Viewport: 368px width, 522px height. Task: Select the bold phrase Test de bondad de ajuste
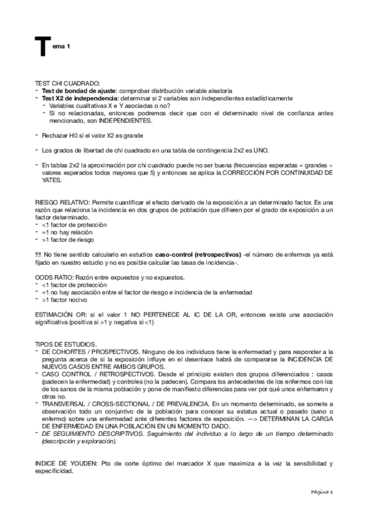[71, 91]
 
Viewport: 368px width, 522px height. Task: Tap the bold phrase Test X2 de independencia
[72, 98]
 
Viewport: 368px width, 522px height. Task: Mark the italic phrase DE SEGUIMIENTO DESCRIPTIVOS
[91, 433]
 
